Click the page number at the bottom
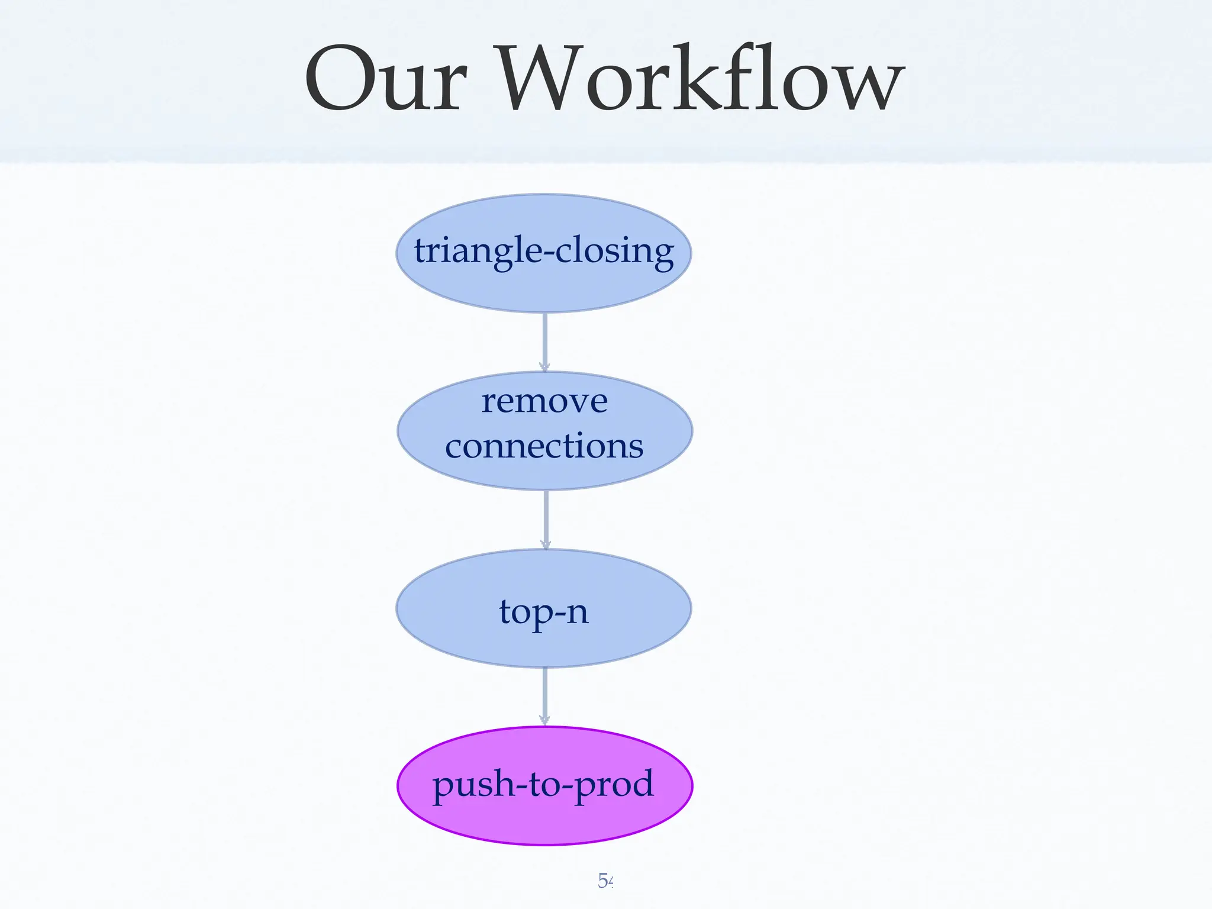(605, 881)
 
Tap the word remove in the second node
(544, 402)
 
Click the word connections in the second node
(544, 446)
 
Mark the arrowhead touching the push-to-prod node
(544, 720)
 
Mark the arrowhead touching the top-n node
(546, 544)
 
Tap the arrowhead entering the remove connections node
(544, 366)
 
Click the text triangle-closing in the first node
(543, 251)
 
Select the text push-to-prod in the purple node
(543, 784)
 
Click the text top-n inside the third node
(543, 612)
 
